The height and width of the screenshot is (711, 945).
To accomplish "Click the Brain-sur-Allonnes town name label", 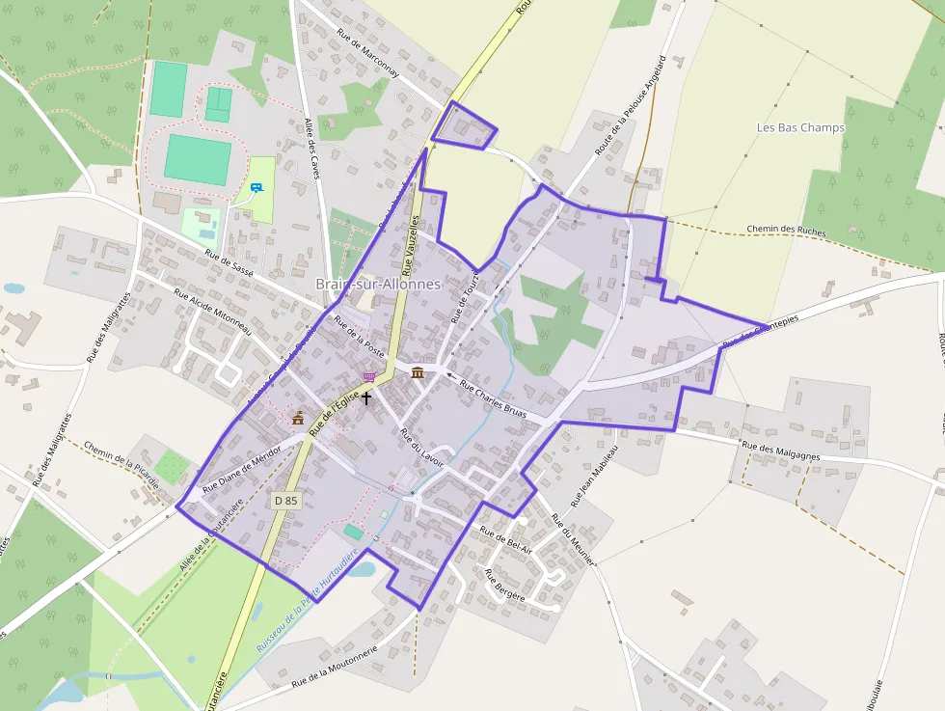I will click(x=378, y=285).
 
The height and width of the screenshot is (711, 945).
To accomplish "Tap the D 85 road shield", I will click(x=285, y=501).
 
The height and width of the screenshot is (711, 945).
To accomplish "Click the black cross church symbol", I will click(x=366, y=397).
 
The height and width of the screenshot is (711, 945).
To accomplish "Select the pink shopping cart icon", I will click(x=368, y=377).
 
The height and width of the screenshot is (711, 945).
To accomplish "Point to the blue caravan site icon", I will click(x=256, y=188).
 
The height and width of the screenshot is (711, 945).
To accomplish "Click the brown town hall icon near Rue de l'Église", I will click(x=298, y=418).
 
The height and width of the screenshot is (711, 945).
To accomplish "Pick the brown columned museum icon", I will click(x=417, y=372).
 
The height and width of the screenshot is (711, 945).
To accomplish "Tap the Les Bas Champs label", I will click(x=800, y=127).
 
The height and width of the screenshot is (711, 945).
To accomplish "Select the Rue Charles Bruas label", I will click(x=501, y=399).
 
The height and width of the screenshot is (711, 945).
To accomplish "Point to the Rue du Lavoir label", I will click(x=421, y=447).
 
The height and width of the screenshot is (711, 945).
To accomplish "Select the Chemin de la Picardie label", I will click(x=121, y=465).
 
